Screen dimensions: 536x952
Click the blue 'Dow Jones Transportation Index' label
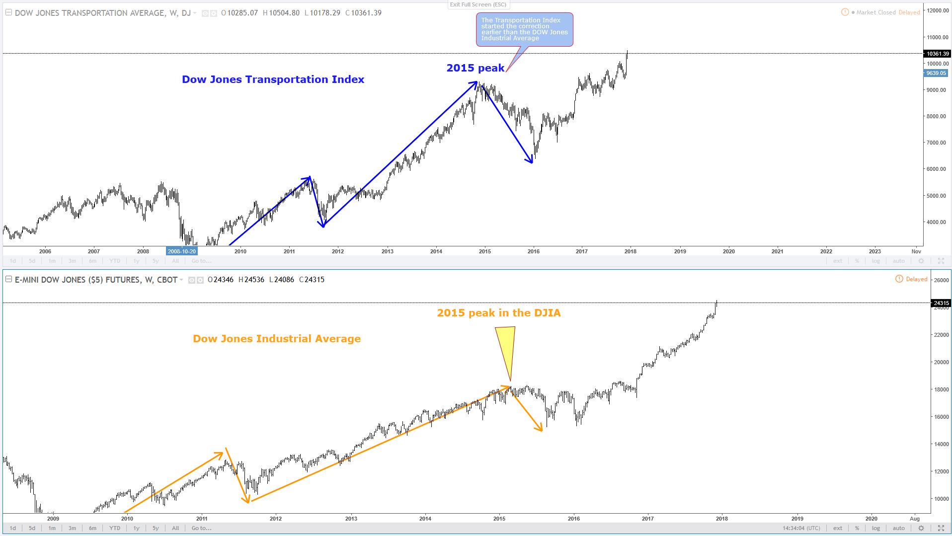pyautogui.click(x=273, y=79)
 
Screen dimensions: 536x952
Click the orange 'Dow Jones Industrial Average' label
pyautogui.click(x=277, y=339)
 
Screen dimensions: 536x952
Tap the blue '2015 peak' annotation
pyautogui.click(x=475, y=68)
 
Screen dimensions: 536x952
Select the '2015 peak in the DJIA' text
pyautogui.click(x=498, y=313)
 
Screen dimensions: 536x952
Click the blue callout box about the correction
pyautogui.click(x=524, y=29)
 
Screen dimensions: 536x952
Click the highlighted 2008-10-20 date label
pyautogui.click(x=182, y=251)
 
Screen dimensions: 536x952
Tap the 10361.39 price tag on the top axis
pyautogui.click(x=937, y=54)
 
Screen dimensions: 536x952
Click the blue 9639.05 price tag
pyautogui.click(x=936, y=73)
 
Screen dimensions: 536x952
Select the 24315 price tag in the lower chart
pyautogui.click(x=941, y=303)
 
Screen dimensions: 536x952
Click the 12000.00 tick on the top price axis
pyautogui.click(x=937, y=10)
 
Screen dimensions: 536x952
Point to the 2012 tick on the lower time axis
pyautogui.click(x=276, y=519)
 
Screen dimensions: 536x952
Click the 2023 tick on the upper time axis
pyautogui.click(x=874, y=251)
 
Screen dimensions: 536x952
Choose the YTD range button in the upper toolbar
pyautogui.click(x=115, y=261)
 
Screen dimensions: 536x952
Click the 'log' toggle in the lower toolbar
pyautogui.click(x=876, y=528)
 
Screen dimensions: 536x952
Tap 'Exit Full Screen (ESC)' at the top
pyautogui.click(x=478, y=4)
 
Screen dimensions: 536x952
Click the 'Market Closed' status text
pyautogui.click(x=876, y=12)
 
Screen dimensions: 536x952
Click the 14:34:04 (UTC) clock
pyautogui.click(x=801, y=528)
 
